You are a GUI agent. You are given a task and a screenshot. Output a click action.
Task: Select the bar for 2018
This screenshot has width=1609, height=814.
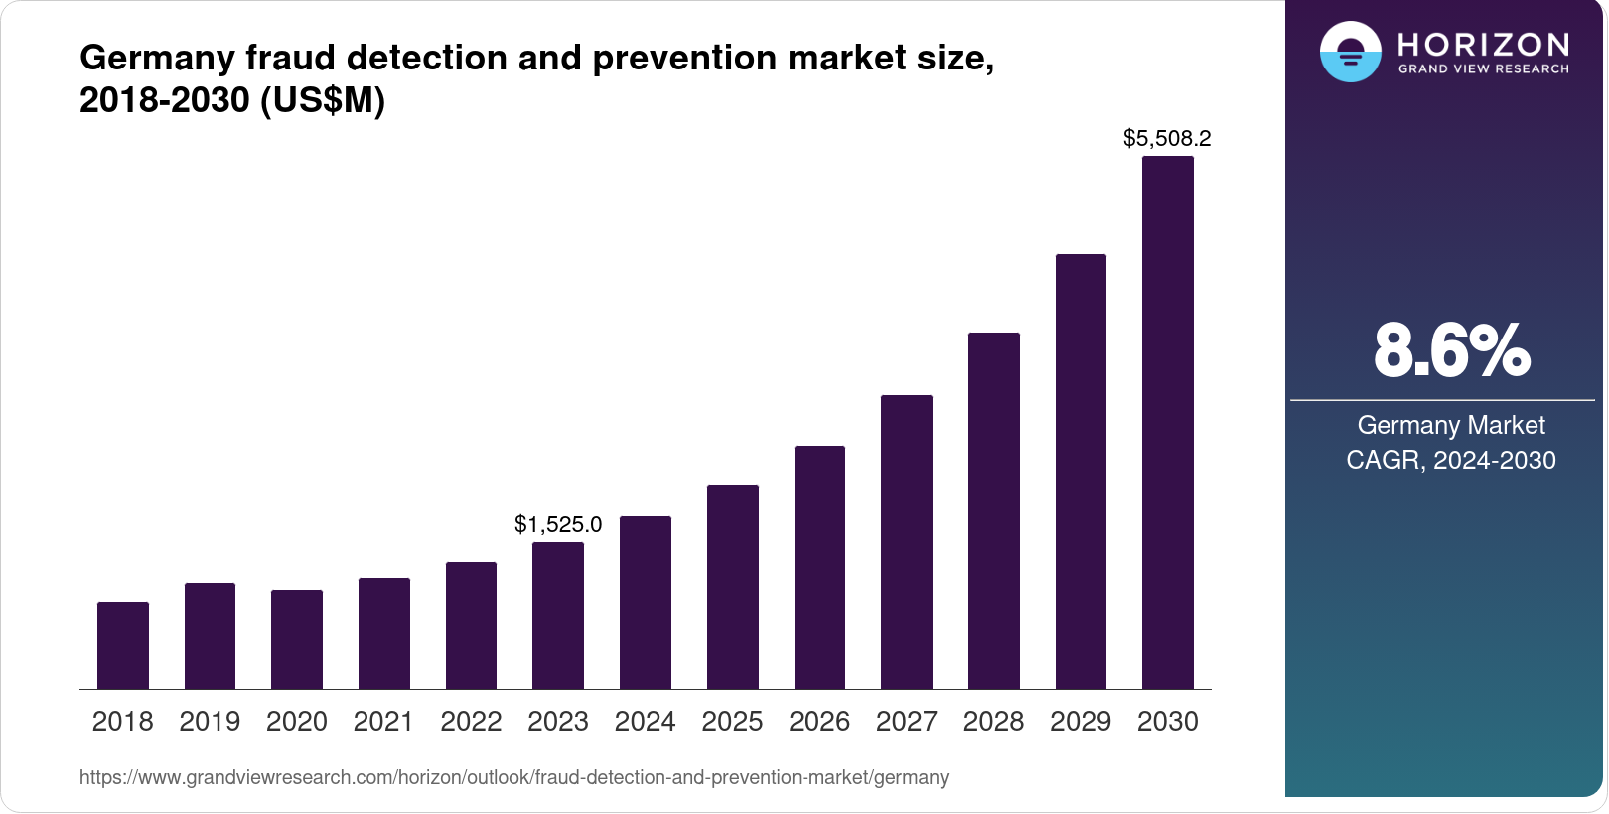pos(123,645)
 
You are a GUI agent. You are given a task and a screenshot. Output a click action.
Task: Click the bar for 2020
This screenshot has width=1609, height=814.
pos(297,639)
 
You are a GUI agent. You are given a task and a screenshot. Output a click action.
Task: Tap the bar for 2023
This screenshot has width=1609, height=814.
pos(558,615)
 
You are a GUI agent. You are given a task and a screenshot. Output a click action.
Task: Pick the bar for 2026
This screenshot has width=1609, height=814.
pos(819,568)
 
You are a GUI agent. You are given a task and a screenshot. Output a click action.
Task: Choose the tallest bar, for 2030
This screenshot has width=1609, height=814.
pos(1168,423)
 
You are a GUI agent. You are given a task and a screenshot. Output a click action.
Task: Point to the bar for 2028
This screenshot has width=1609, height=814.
pos(994,511)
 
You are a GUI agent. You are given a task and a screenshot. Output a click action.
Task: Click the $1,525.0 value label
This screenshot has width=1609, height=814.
pos(558,524)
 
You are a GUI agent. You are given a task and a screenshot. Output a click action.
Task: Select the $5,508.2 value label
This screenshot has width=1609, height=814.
pos(1167,138)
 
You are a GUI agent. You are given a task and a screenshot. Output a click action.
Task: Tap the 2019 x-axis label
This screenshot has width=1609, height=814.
pos(210,722)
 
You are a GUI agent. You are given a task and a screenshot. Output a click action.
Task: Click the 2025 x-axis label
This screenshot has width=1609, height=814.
pos(732,722)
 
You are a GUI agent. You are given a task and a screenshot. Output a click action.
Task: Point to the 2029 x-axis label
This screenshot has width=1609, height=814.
pos(1081,722)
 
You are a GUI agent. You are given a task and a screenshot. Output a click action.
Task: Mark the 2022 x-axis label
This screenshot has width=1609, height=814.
pos(471,722)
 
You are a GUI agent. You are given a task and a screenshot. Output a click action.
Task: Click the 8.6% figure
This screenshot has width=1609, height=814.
pos(1451,350)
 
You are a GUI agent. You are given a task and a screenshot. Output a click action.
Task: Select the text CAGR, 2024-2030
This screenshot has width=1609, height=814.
pos(1451,460)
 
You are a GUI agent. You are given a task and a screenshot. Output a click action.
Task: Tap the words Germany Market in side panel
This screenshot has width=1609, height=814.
pos(1451,425)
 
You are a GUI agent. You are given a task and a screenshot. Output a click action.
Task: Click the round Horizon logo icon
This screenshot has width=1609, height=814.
pos(1350,52)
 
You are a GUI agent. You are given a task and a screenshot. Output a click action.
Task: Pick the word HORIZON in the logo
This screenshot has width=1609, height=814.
pos(1483,44)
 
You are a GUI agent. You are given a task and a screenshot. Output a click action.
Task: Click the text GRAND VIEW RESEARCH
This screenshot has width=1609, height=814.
pos(1483,69)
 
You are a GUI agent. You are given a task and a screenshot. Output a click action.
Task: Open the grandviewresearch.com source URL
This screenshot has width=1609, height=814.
pos(513,777)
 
